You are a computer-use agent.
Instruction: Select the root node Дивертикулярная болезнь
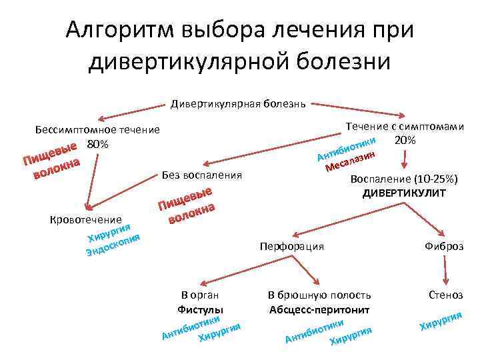coord(238,104)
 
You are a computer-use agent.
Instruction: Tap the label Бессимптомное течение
coord(97,129)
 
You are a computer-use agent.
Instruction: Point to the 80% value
coord(98,145)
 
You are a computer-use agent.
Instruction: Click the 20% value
coord(405,140)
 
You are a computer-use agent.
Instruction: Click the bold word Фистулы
coord(201,309)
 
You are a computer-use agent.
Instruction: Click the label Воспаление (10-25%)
coord(404,179)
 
